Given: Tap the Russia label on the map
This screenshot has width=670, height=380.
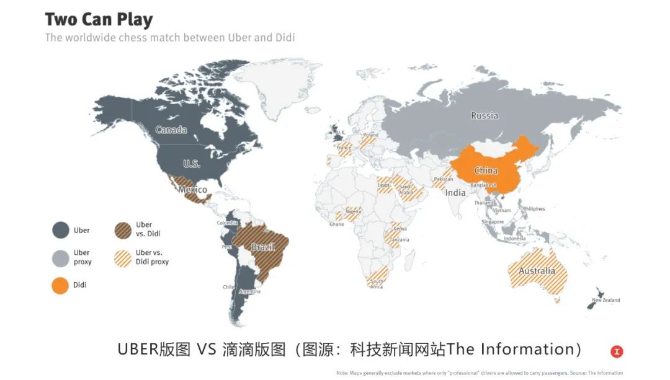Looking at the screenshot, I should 484,115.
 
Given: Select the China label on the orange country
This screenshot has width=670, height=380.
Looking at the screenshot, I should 486,170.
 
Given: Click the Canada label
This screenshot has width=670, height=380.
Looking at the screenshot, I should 171,130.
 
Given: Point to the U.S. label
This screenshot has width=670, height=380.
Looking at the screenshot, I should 191,164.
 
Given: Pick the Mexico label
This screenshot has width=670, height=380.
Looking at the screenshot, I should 192,189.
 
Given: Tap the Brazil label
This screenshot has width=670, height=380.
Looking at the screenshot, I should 263,247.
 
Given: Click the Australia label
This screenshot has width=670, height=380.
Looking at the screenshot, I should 537,271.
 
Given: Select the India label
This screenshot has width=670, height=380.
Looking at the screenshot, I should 455,193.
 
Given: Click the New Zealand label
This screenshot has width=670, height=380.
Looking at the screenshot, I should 605,301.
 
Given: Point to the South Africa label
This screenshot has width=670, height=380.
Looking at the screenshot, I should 377,284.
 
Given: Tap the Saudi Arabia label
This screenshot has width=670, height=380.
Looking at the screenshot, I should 406,189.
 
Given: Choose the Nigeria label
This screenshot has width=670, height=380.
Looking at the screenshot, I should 353,211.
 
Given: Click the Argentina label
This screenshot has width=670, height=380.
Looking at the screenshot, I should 249,291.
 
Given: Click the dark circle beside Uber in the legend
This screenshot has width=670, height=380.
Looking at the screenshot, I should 60,231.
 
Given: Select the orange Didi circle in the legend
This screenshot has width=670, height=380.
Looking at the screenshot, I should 60,285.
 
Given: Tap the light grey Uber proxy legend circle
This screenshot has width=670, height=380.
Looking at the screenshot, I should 60,258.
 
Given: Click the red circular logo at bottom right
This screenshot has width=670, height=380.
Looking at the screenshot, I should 616,351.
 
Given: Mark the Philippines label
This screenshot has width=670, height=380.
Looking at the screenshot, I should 534,209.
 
